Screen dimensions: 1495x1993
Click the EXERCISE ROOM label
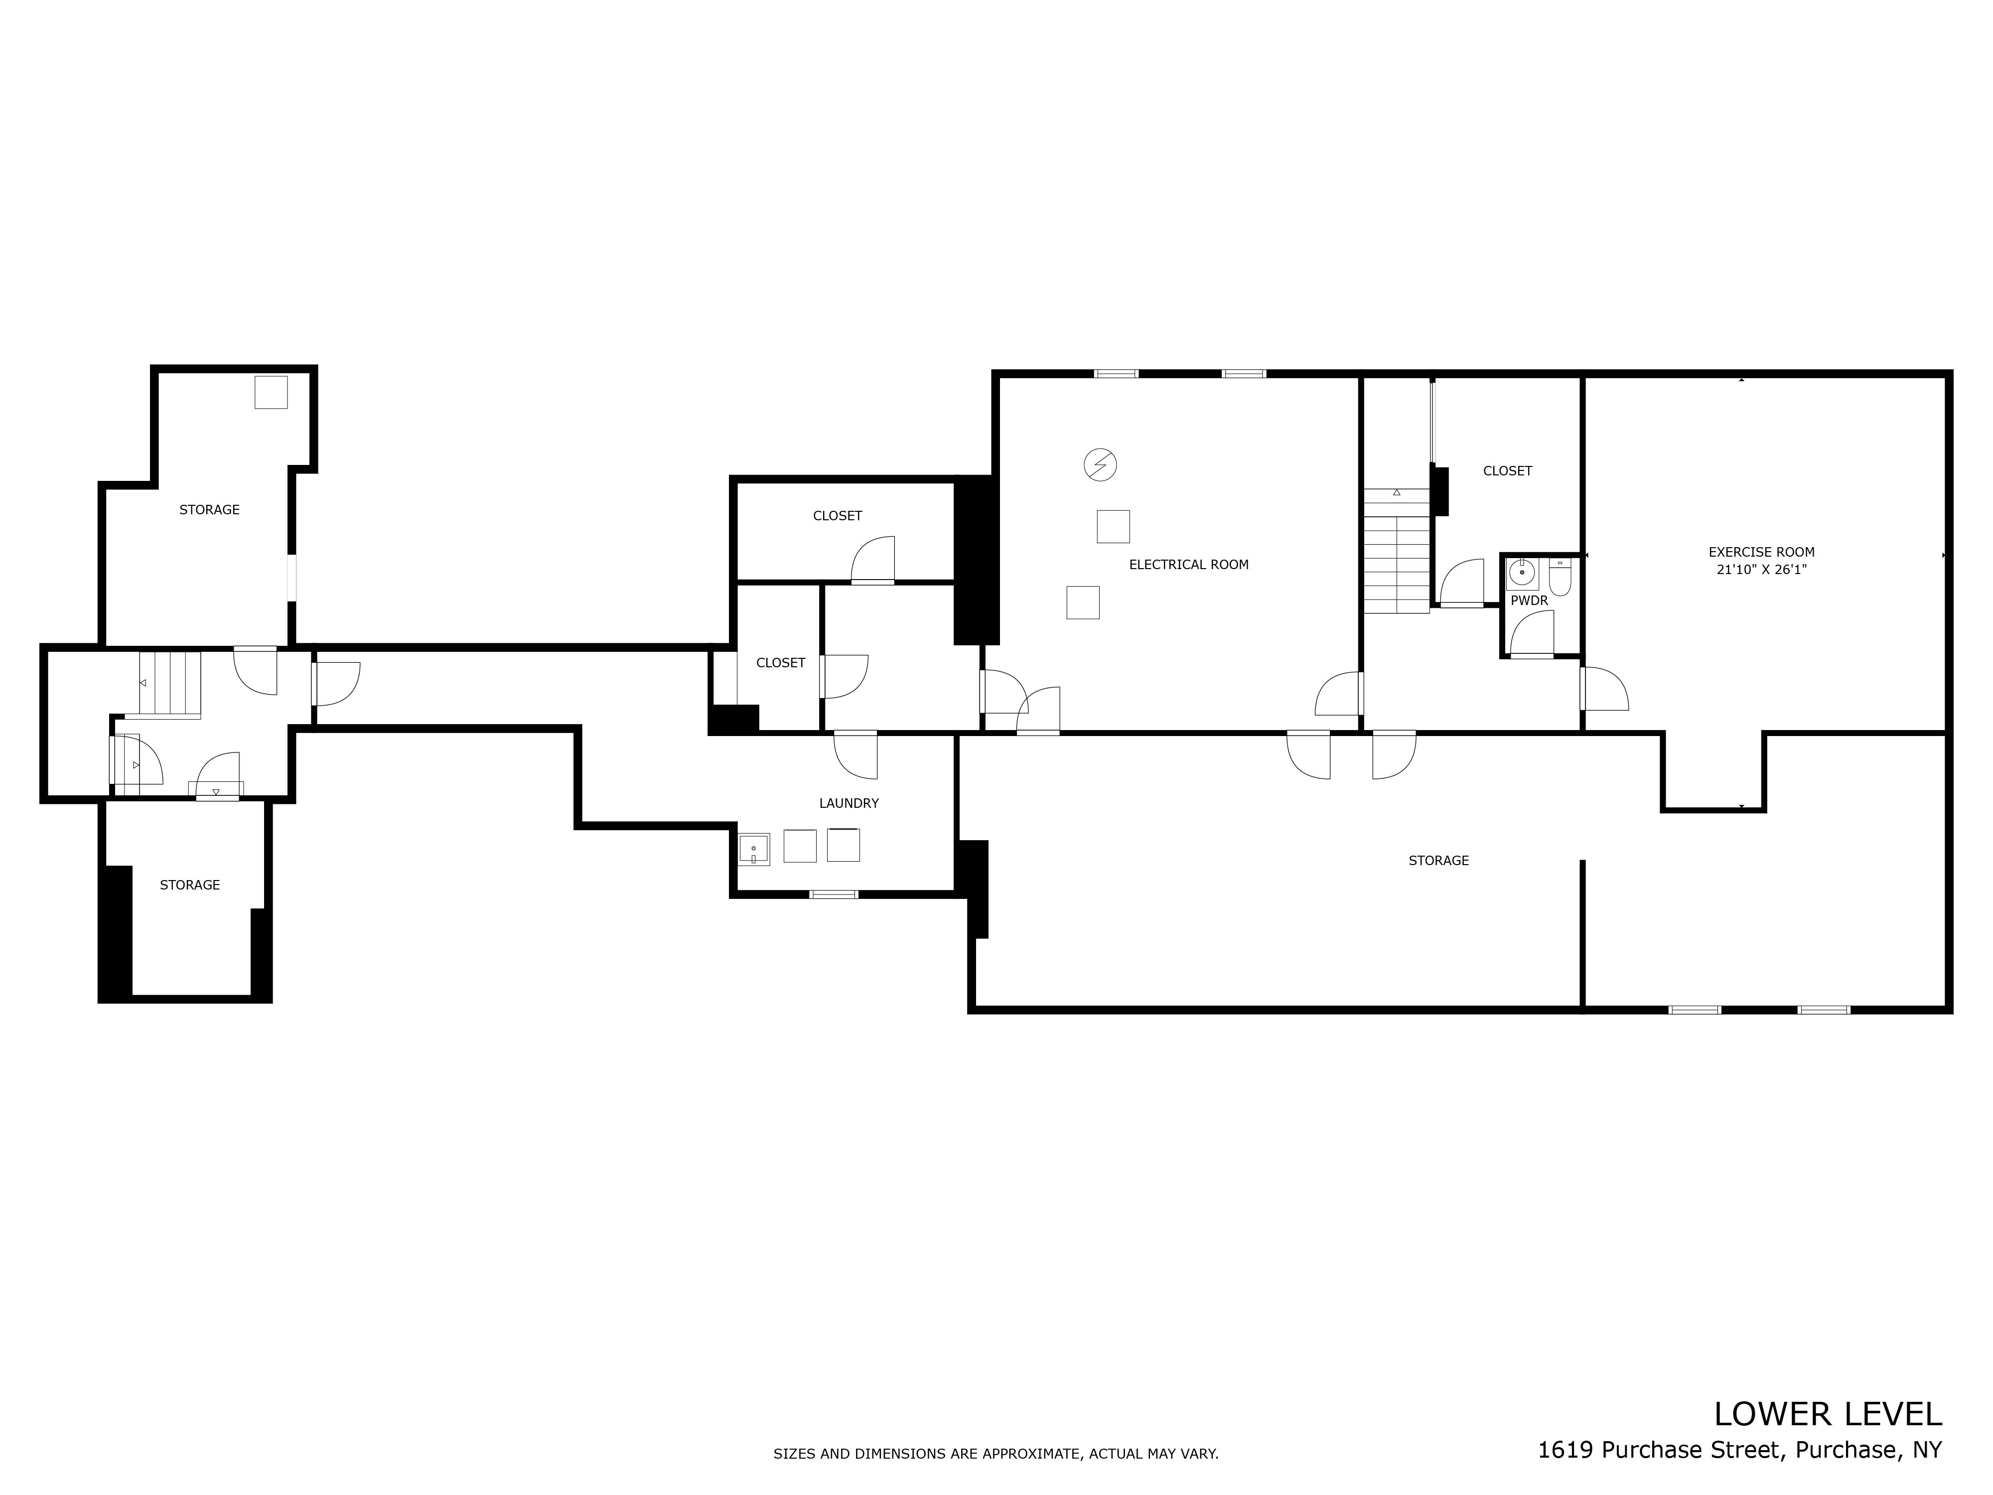[1761, 552]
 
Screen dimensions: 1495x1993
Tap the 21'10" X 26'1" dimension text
[1761, 570]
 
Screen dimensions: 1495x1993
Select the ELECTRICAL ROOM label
[1188, 565]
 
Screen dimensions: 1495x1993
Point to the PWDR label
[1529, 600]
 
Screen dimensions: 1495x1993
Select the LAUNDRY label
[849, 803]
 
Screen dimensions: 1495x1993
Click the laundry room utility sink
[754, 849]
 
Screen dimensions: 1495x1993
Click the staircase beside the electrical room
[1396, 552]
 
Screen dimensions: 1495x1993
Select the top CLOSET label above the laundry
[837, 515]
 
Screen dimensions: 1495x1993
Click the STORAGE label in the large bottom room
[1438, 861]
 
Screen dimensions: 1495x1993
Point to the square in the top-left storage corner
[270, 392]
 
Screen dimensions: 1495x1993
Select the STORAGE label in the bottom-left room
[189, 885]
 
